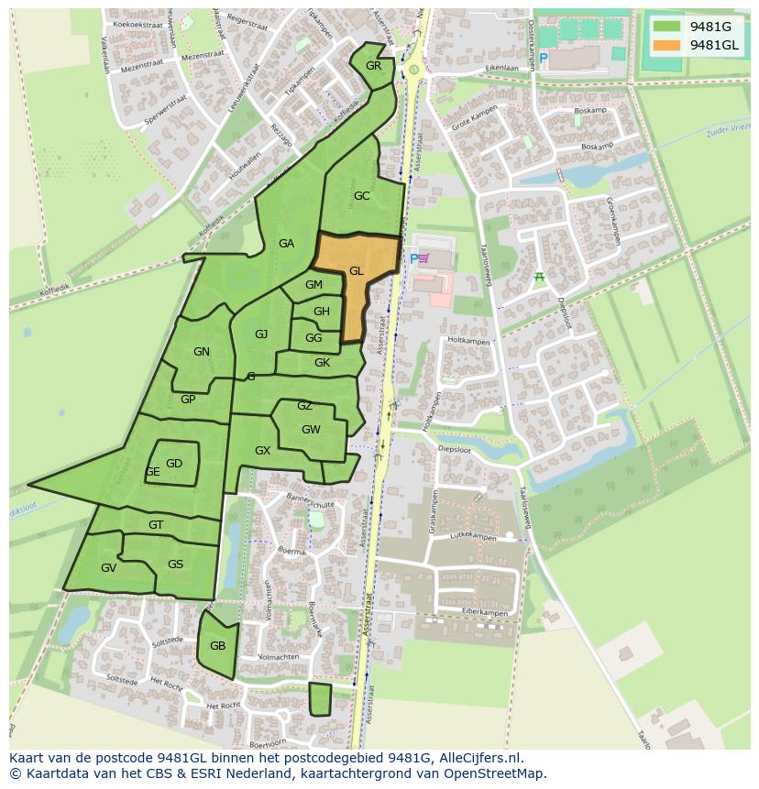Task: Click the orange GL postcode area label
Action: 356,271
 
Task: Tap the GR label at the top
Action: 373,66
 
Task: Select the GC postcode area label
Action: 361,196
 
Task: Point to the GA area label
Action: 286,244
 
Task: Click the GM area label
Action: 313,285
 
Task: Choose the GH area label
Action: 321,312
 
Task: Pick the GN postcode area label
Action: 202,352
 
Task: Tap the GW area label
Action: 311,430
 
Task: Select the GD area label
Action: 174,464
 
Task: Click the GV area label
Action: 108,568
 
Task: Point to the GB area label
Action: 217,646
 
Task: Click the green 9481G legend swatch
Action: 667,26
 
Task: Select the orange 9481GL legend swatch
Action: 667,45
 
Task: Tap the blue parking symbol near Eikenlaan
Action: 543,59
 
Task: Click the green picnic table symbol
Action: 539,277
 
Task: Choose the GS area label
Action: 175,564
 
